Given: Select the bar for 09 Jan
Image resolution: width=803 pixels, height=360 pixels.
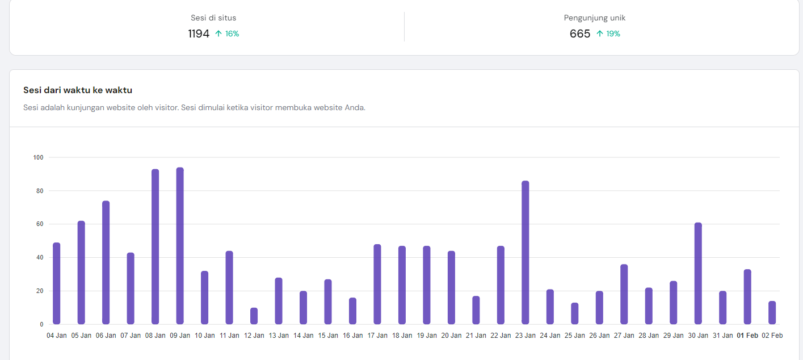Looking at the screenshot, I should coord(180,246).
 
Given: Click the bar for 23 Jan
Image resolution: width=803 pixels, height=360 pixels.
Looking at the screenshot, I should coord(525,253).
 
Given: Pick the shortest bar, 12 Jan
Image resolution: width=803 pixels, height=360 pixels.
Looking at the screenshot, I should coord(254,316).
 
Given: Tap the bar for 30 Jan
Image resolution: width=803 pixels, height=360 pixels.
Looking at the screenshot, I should coord(698,273).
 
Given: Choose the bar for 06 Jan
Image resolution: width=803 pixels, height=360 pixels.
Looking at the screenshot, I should coord(106,262).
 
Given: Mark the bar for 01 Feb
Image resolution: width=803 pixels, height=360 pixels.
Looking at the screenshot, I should coord(747,296).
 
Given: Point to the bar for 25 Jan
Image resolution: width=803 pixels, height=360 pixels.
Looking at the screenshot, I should coord(574,313).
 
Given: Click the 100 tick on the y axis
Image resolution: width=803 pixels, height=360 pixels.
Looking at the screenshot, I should coord(39,157).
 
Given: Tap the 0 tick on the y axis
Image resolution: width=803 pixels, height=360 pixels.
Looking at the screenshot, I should coord(41,325).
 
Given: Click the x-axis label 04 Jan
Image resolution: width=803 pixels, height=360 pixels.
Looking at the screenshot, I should coord(57,336).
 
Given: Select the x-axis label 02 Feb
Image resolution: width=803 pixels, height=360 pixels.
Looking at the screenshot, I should coord(772,336).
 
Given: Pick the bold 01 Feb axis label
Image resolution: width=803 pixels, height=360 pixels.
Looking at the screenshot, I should coord(747,336).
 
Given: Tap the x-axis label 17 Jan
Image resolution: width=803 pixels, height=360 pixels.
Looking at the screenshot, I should coord(377,336).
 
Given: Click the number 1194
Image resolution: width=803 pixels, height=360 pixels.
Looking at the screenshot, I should coord(199,34).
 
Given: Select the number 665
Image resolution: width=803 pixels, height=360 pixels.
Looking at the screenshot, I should coord(580,34).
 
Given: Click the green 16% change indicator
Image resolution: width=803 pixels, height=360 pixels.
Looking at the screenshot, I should coord(227,34).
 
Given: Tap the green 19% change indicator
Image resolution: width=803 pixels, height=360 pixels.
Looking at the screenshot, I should coord(608,34).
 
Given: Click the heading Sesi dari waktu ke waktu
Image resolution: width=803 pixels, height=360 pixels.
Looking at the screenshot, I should coord(78,90).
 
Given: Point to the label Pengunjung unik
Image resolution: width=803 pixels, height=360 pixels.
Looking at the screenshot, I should coord(595,18).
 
